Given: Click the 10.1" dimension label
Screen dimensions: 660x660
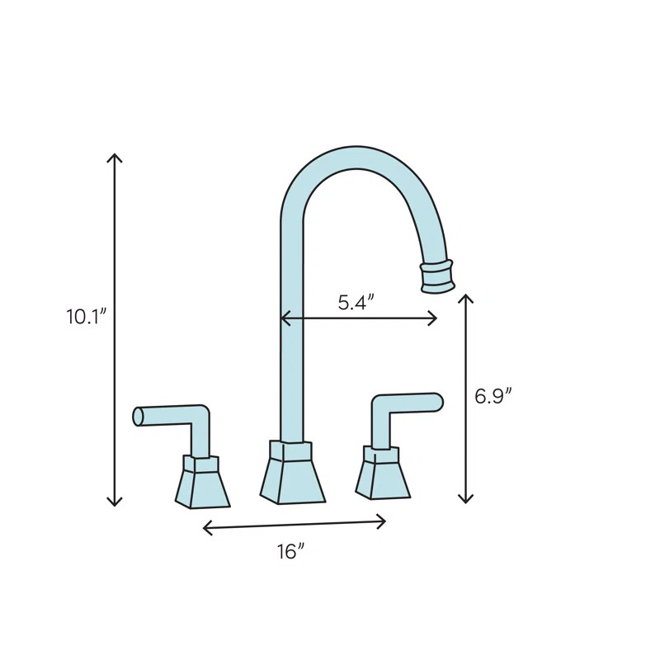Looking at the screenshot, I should pyautogui.click(x=87, y=317).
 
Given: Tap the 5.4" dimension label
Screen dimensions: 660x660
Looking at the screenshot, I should pyautogui.click(x=356, y=303).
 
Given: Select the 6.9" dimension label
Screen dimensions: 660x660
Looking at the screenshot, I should pyautogui.click(x=493, y=397).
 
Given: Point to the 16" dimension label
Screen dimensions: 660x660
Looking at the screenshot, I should pyautogui.click(x=291, y=552).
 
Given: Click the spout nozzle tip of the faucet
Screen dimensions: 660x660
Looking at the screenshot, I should pyautogui.click(x=437, y=276).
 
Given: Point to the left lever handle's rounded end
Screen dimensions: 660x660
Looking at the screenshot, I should pyautogui.click(x=139, y=417).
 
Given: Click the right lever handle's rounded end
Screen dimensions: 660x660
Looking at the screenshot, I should pyautogui.click(x=437, y=402).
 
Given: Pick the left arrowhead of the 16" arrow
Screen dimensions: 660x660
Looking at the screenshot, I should pyautogui.click(x=205, y=528).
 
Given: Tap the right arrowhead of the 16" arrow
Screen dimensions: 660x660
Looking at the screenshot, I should pyautogui.click(x=384, y=521).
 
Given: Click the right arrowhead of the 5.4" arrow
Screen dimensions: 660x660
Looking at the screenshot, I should pyautogui.click(x=435, y=318).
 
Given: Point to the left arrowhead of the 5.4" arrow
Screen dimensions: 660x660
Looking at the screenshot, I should pyautogui.click(x=283, y=318).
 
